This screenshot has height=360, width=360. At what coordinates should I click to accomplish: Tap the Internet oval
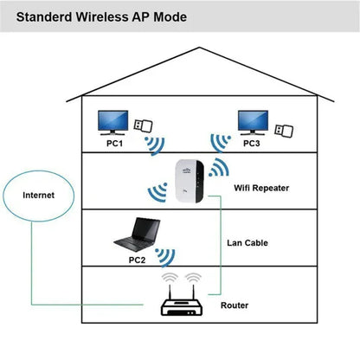coord(38,196)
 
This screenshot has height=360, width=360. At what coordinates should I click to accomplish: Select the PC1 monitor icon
coord(113,122)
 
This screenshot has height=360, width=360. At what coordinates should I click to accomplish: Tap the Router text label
coord(235,305)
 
